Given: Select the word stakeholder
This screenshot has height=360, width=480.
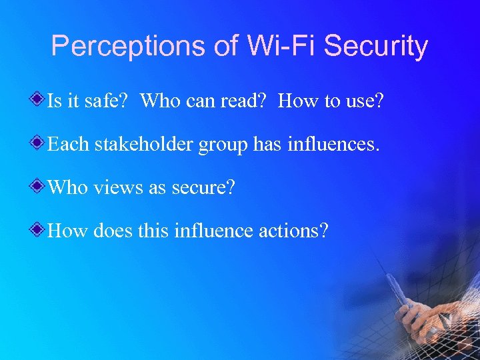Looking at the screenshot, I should coord(143,144).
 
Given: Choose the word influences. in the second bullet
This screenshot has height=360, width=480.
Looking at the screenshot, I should coord(333,144).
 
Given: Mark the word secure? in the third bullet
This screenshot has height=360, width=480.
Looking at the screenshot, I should coord(203,188).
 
